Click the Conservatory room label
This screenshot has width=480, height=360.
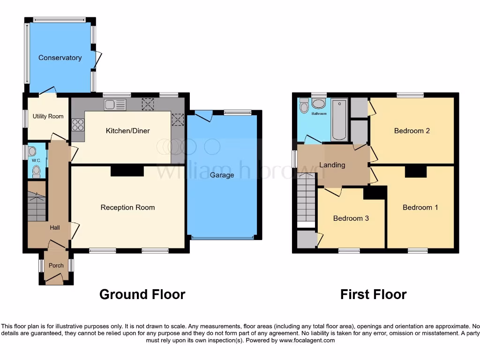click(x=60, y=58)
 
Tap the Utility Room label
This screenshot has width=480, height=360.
click(x=48, y=116)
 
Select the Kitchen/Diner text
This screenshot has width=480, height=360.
click(x=127, y=131)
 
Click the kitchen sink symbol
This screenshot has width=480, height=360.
click(x=115, y=105)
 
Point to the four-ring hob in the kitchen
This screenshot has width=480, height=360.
click(x=78, y=125)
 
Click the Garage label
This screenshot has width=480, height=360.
click(x=222, y=175)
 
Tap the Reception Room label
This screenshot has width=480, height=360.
click(x=127, y=207)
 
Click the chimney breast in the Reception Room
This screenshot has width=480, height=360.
click(x=127, y=171)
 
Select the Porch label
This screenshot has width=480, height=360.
click(x=56, y=265)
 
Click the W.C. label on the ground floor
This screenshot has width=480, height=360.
click(x=37, y=161)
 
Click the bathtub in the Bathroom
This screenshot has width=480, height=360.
click(x=339, y=119)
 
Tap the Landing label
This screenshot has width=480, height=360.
click(x=332, y=165)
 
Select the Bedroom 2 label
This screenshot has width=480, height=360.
click(x=412, y=131)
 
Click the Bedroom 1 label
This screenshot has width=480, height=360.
click(x=420, y=207)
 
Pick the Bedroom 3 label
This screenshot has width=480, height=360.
click(x=351, y=218)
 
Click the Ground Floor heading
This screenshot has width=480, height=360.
click(x=142, y=294)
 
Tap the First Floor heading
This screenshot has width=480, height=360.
click(x=373, y=294)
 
